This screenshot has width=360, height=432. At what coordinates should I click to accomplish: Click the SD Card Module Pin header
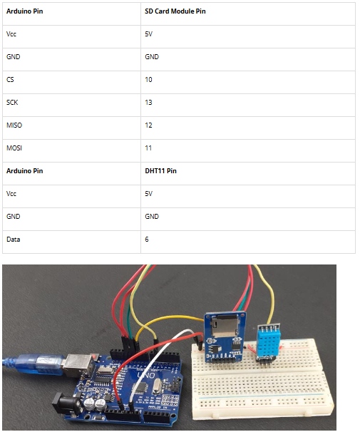click(175, 11)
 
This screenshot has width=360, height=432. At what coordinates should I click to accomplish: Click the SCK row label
click(12, 103)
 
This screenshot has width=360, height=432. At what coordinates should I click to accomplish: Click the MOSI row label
click(14, 148)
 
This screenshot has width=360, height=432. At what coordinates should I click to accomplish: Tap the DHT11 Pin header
click(160, 171)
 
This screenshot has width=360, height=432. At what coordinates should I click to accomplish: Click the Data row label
click(14, 239)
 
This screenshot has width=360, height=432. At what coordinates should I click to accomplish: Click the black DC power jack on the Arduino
click(67, 404)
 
